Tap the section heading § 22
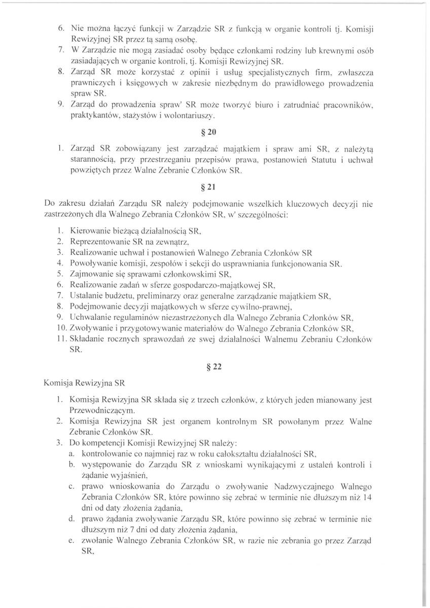point(215,368)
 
